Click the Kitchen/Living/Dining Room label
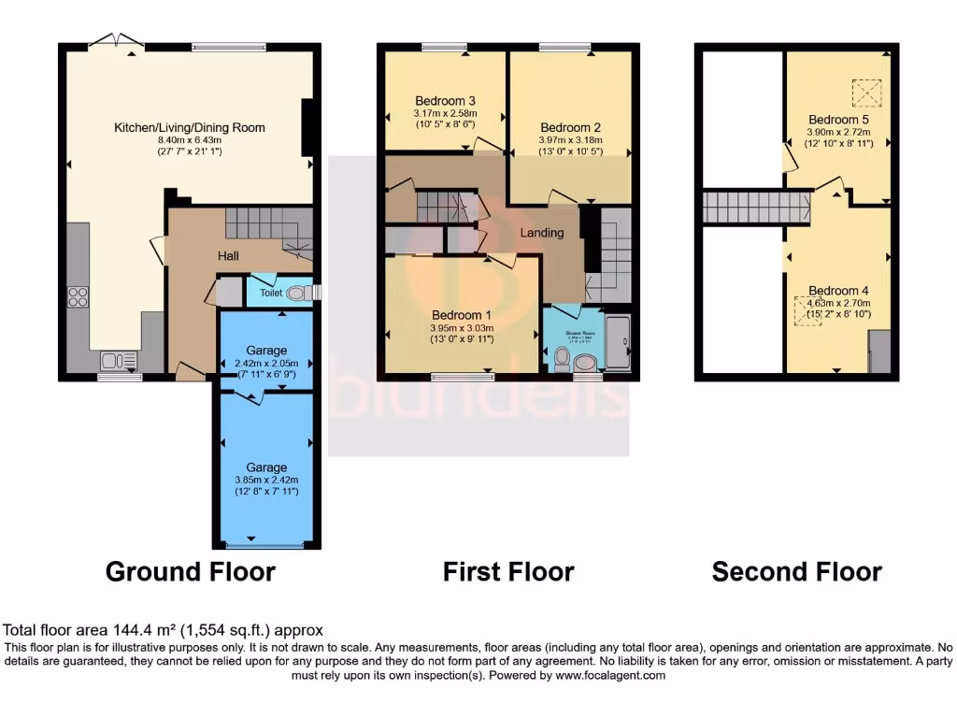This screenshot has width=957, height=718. (190, 127)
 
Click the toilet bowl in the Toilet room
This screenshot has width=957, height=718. (297, 294)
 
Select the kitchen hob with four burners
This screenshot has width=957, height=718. (79, 297)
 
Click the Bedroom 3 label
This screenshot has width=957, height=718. (446, 101)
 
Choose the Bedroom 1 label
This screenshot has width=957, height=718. (462, 315)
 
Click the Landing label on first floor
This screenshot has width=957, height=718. (542, 233)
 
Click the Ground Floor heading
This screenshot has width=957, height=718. (191, 571)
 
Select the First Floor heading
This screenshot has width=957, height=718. (508, 571)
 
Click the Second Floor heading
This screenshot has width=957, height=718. (796, 571)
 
